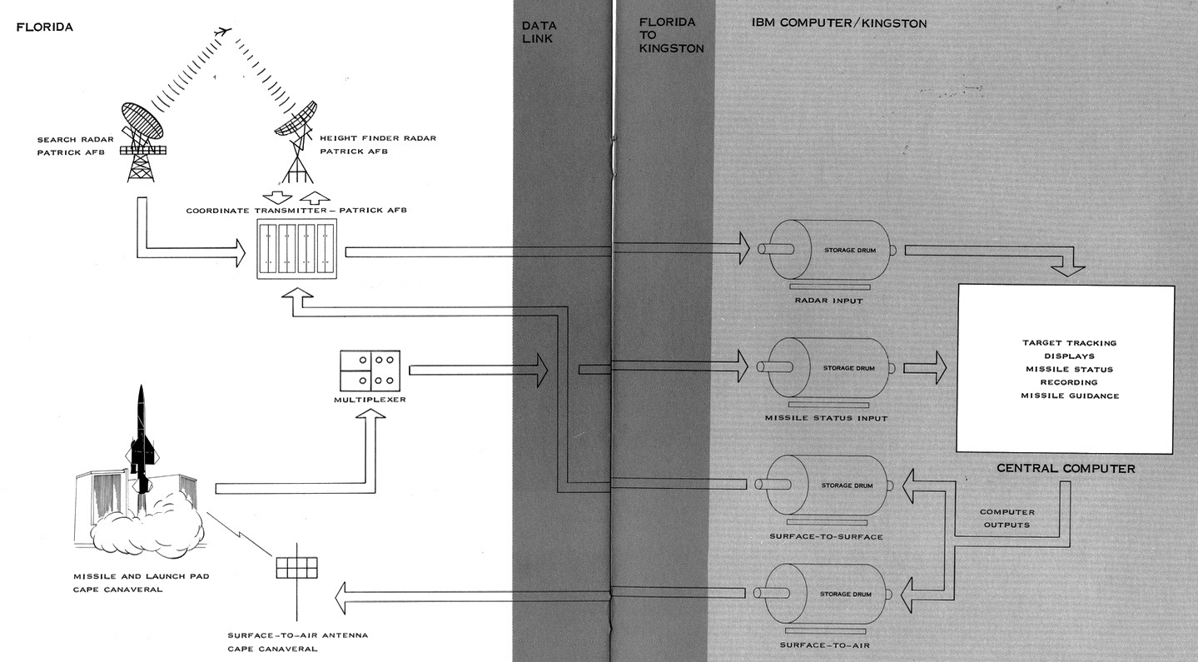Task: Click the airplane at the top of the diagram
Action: [x=221, y=32]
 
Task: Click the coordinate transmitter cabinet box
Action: [x=297, y=249]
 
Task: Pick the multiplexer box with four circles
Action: [x=370, y=370]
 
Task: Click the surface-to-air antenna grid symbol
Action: [x=296, y=566]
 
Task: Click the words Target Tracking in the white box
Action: [x=1069, y=342]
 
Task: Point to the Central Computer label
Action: [x=1066, y=469]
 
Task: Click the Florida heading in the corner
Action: [x=45, y=27]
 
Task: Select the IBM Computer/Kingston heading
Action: [x=833, y=23]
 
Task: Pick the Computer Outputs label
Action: [x=1007, y=518]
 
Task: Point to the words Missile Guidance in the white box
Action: [x=1069, y=396]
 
